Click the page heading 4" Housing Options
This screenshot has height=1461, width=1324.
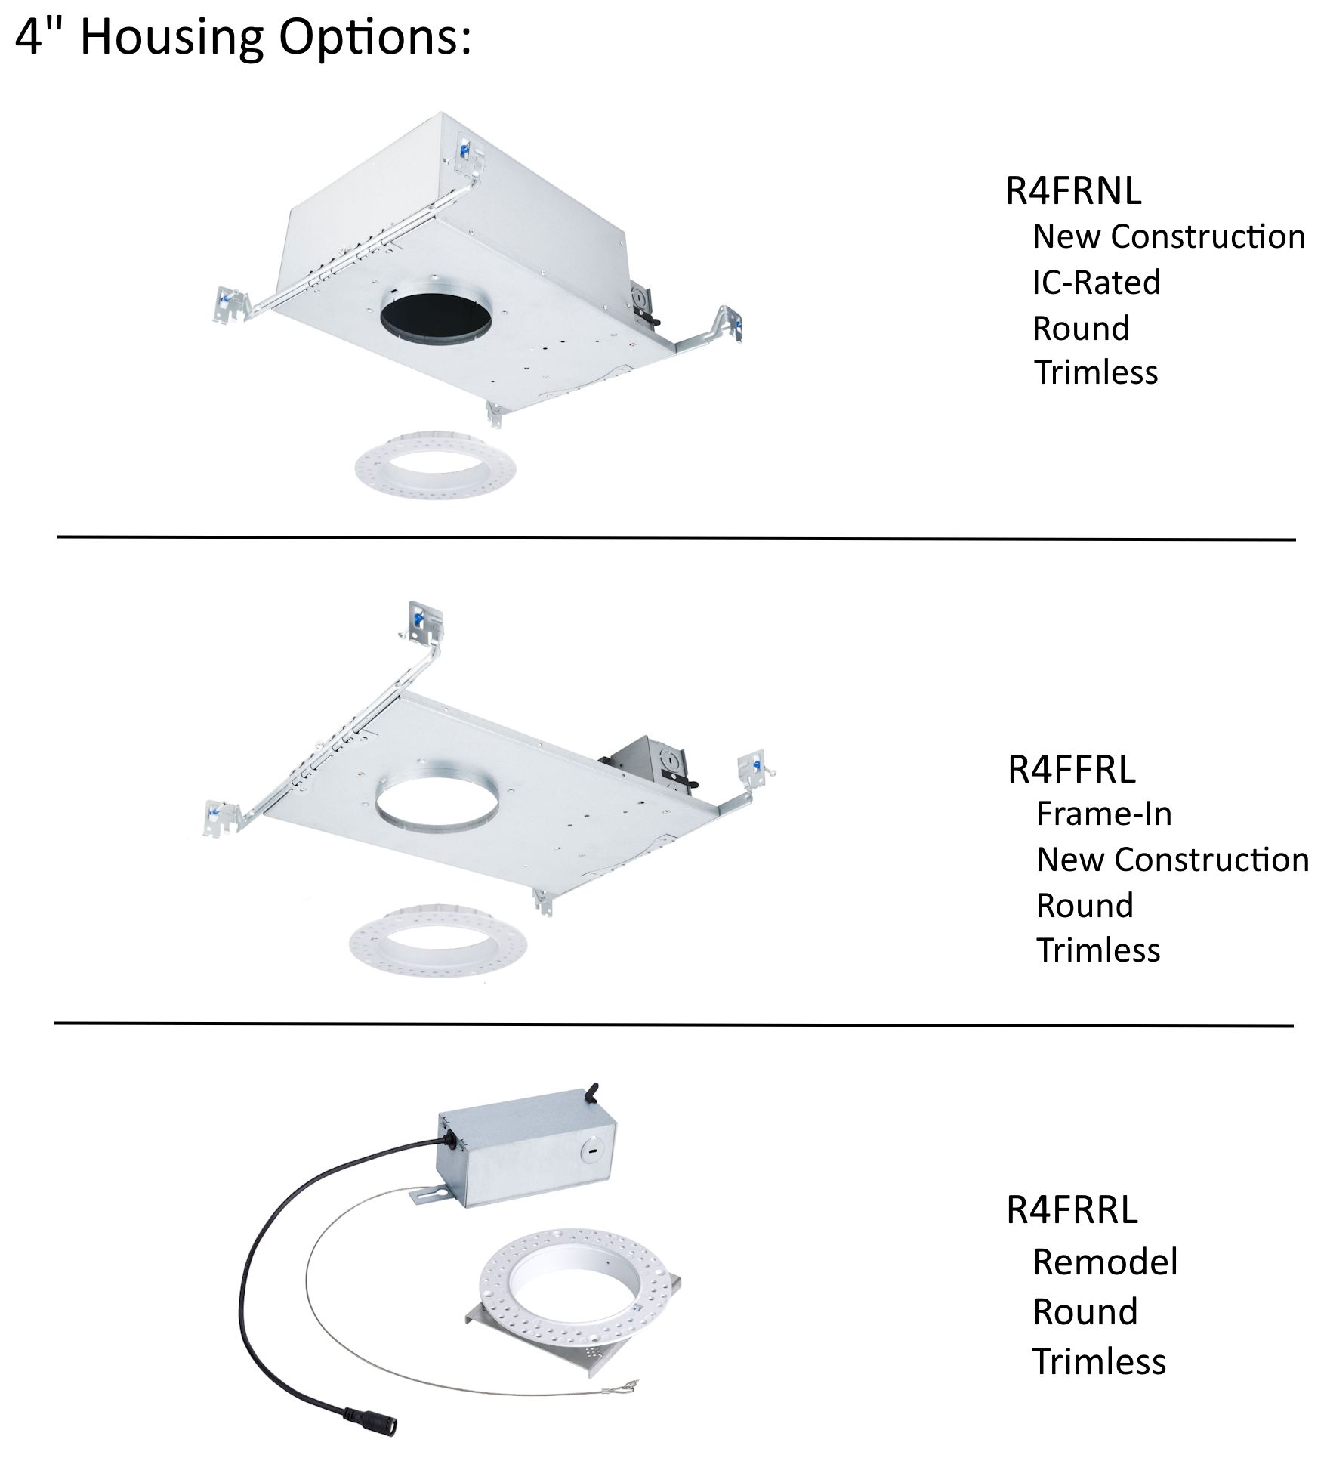[243, 38]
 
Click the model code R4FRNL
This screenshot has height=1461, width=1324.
[1073, 190]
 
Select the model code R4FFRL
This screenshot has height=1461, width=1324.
[1072, 769]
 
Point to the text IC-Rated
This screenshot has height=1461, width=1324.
[1097, 283]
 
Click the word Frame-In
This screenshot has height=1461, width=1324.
[1104, 814]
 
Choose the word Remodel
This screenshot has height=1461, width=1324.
[1105, 1262]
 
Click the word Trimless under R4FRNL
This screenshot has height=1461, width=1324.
[1096, 372]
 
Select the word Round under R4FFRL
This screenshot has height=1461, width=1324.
[1085, 905]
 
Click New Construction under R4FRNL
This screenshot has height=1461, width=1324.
[1169, 236]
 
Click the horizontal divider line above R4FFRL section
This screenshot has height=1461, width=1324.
[676, 538]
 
